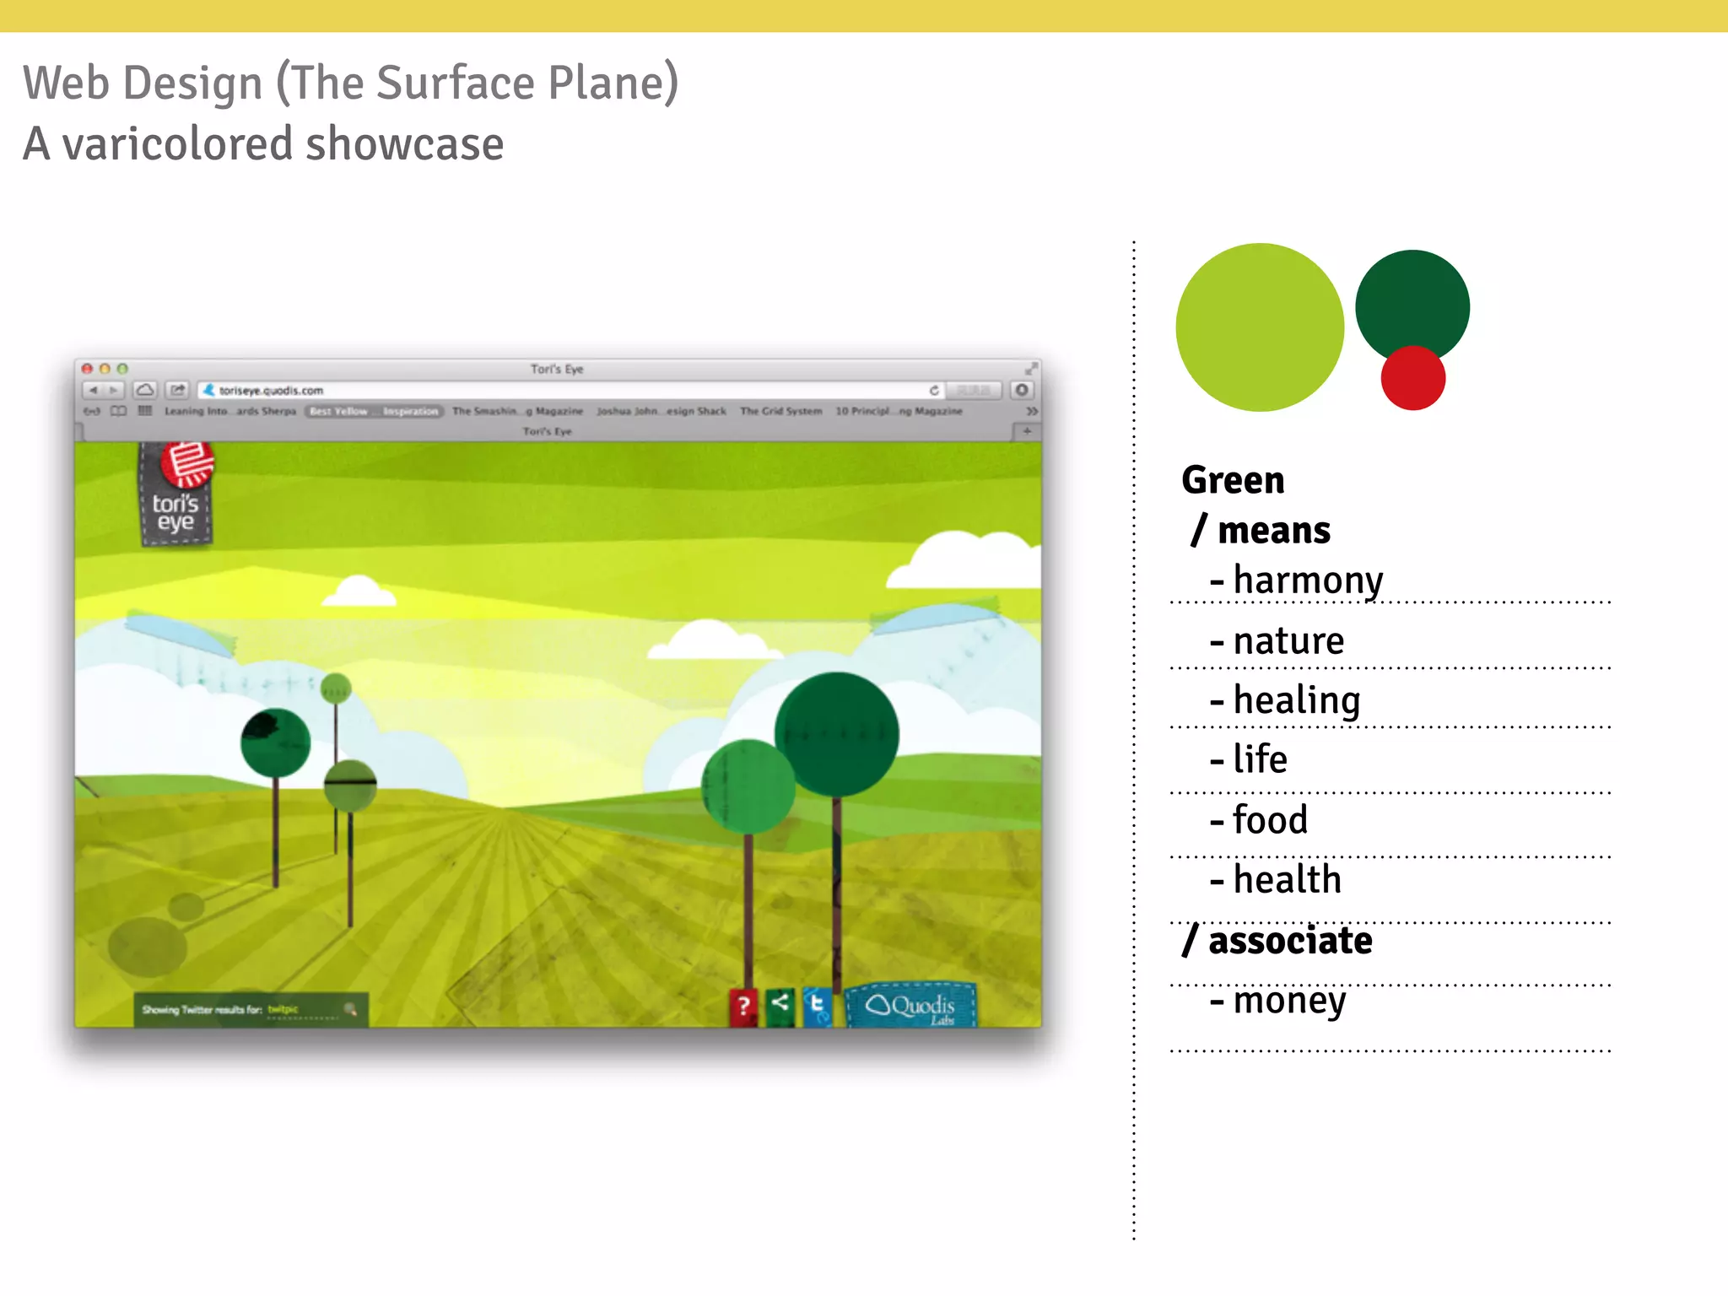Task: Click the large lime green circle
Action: click(x=1259, y=327)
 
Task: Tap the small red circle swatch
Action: click(x=1412, y=380)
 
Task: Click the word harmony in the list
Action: click(x=1308, y=580)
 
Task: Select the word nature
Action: click(x=1288, y=641)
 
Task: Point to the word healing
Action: click(x=1297, y=700)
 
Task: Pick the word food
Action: click(x=1270, y=820)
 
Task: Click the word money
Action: click(x=1289, y=1001)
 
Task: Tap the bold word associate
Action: click(x=1289, y=940)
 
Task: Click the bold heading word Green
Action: click(x=1233, y=480)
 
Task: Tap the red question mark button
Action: click(x=743, y=1006)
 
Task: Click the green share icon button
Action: click(x=780, y=1004)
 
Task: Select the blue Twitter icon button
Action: click(x=817, y=1005)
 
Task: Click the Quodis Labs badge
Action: click(x=911, y=1006)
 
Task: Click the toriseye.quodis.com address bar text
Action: click(x=271, y=391)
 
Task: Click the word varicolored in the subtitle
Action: click(x=178, y=143)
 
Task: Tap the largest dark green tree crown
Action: click(x=837, y=733)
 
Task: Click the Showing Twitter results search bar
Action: click(x=251, y=1009)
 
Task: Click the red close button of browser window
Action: click(x=87, y=369)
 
